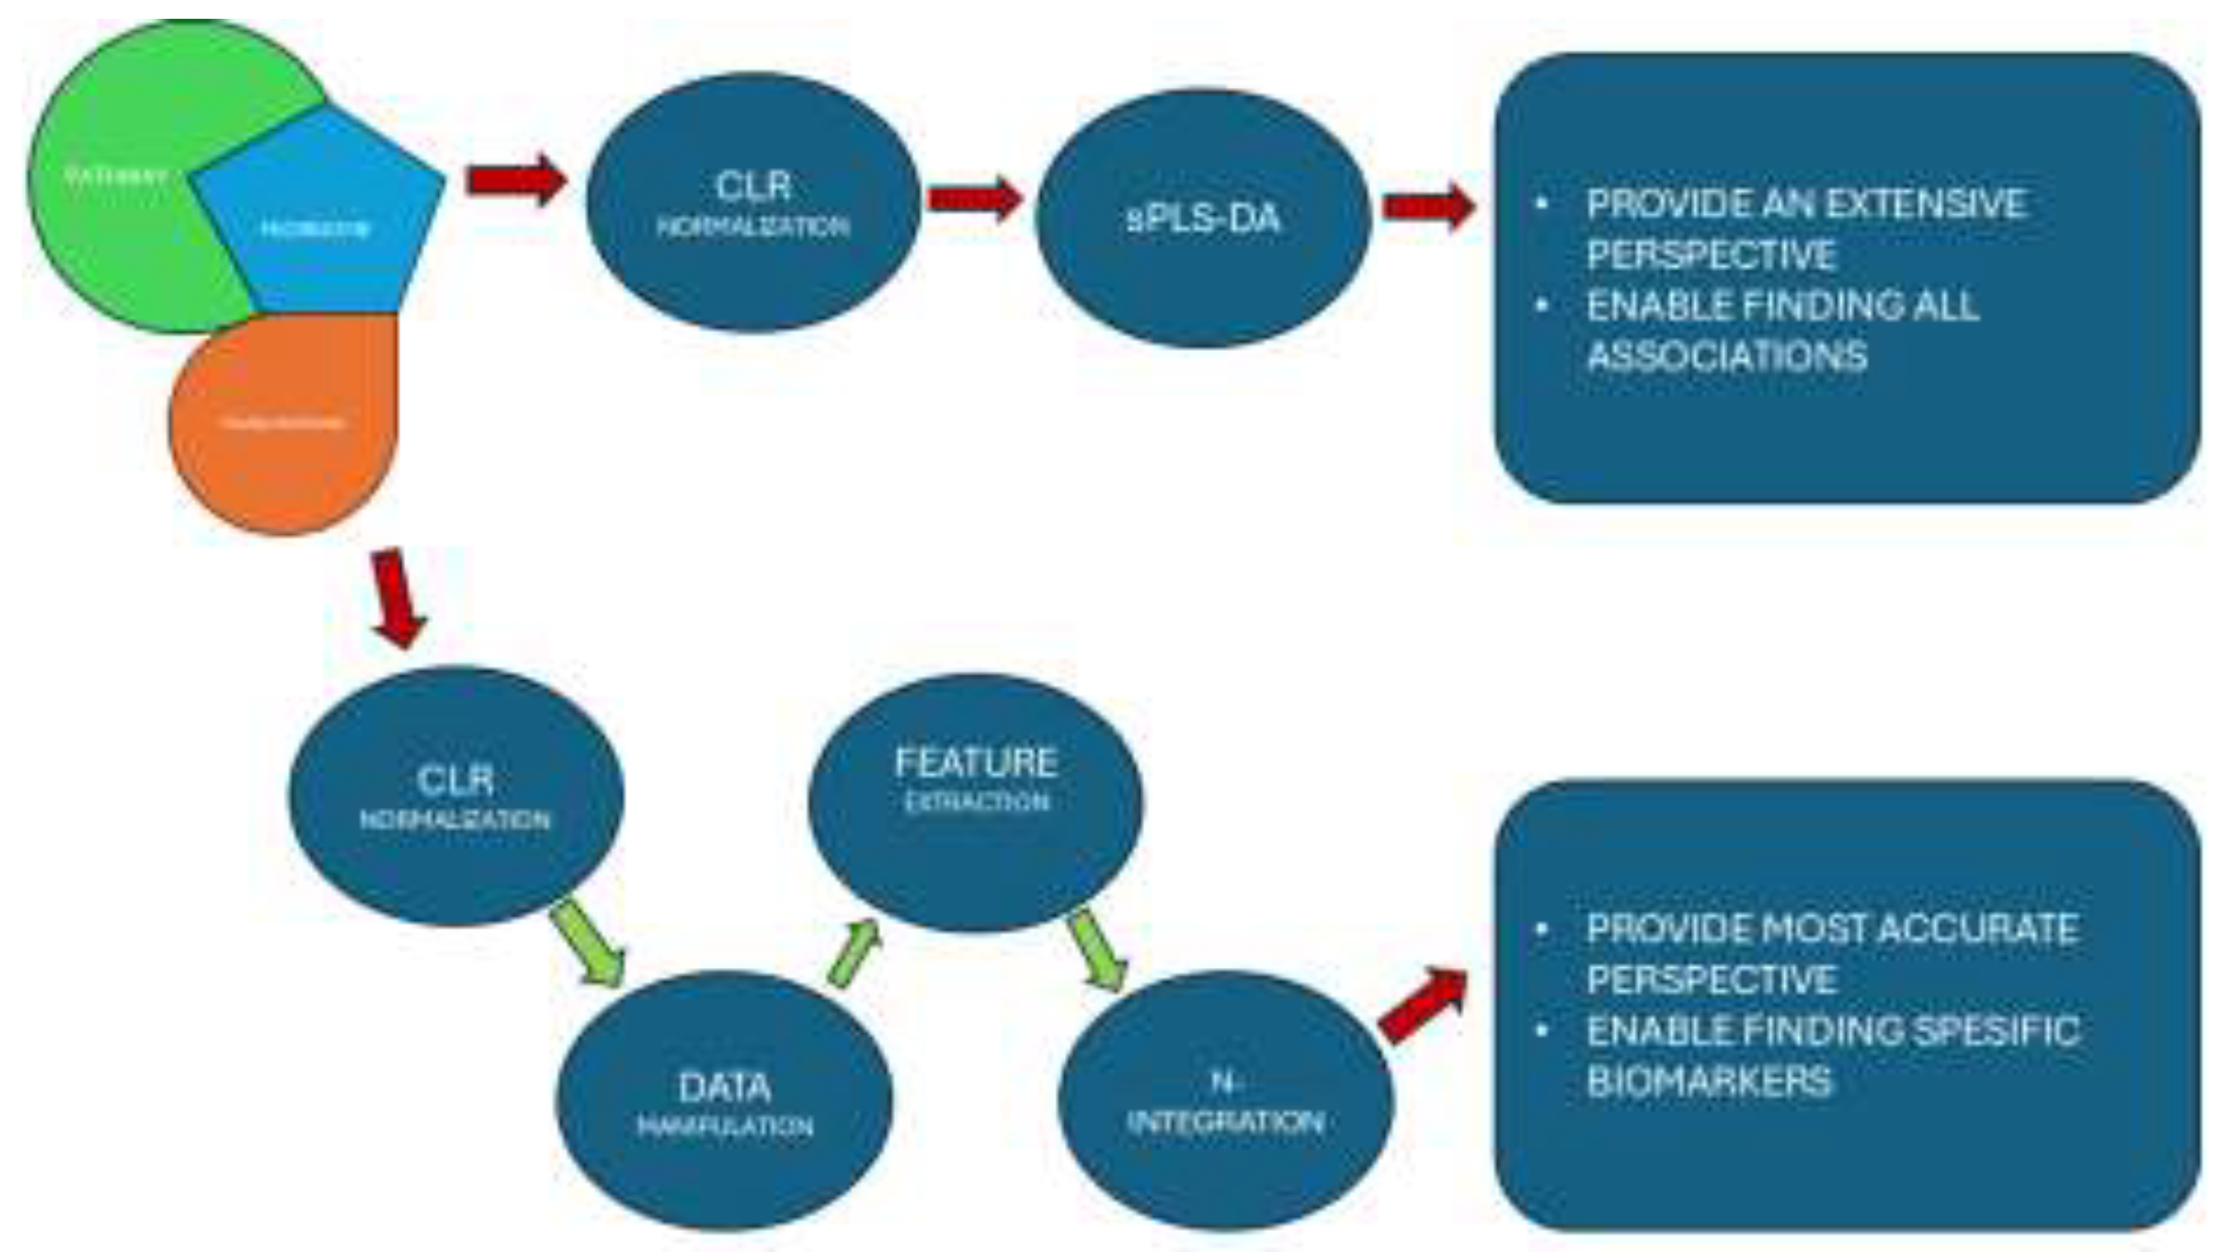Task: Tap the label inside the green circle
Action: [x=116, y=177]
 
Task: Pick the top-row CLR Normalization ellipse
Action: [x=752, y=204]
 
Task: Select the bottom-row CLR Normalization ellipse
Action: [x=455, y=796]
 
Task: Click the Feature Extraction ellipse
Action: [x=975, y=803]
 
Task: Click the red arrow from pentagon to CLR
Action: [x=516, y=180]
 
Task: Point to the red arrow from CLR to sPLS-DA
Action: [x=974, y=199]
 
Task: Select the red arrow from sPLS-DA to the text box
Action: [x=1428, y=207]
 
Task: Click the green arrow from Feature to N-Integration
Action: [x=1096, y=950]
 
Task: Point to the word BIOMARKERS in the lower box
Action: [x=1709, y=1081]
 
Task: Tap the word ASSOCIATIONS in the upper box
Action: [x=1727, y=355]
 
